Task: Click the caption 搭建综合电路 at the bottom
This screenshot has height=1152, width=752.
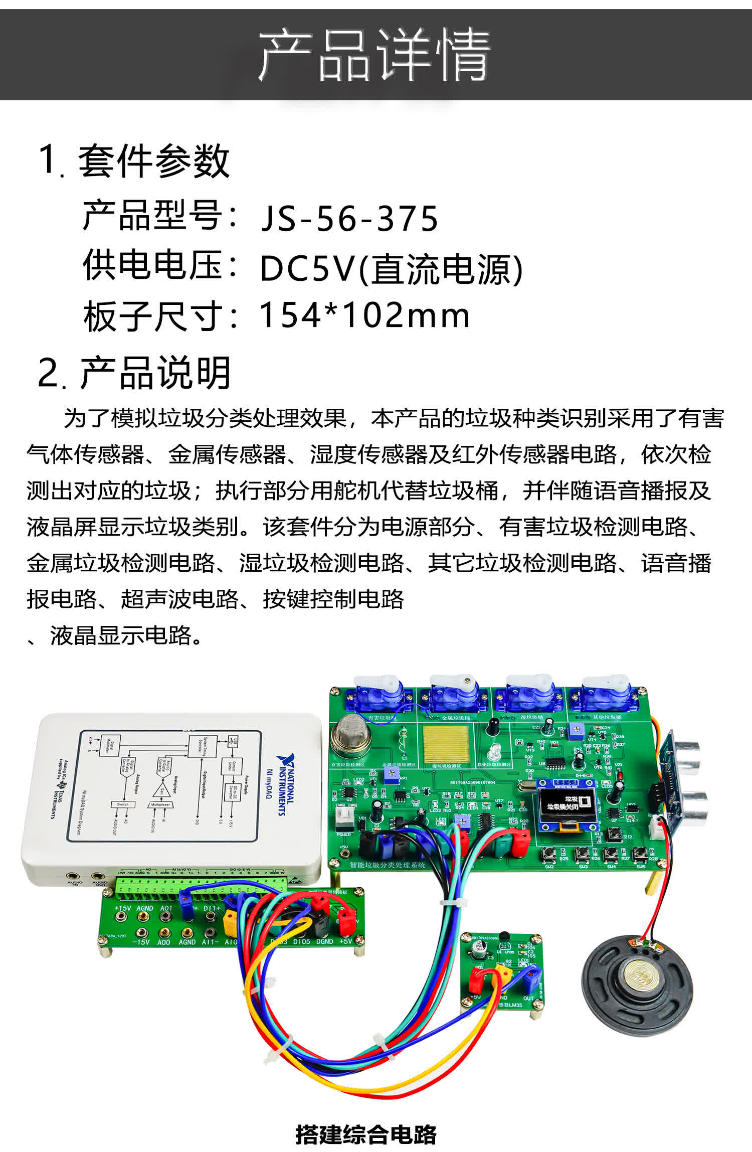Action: click(x=365, y=1134)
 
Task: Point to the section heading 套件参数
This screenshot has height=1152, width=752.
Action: click(x=153, y=161)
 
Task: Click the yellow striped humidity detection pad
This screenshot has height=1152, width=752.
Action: click(x=446, y=744)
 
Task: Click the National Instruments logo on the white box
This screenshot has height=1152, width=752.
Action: click(x=285, y=784)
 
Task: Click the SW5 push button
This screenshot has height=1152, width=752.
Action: click(x=639, y=852)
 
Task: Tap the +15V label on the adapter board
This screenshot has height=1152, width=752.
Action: click(x=122, y=908)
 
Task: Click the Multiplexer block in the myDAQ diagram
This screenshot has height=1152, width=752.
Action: click(x=160, y=804)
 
